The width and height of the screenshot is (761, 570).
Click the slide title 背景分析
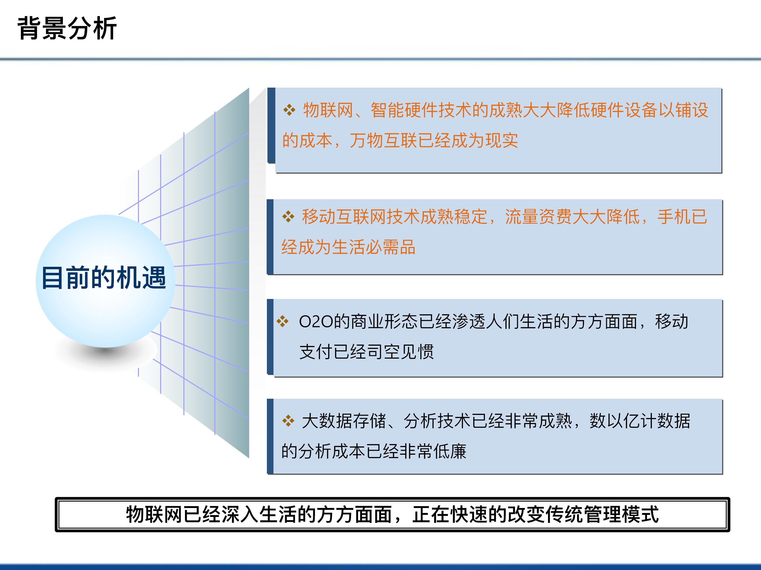67,28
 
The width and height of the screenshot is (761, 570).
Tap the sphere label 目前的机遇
104,278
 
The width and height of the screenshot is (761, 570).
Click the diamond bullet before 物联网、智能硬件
289,110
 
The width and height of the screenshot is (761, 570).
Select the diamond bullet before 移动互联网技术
288,216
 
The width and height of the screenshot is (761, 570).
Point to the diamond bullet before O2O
282,321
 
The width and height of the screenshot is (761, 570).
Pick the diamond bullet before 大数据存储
288,421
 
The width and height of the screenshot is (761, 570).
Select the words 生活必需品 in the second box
374,247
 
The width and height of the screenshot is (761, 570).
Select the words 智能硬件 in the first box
404,110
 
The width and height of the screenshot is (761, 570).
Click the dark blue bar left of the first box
271,125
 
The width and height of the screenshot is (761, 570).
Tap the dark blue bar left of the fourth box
270,436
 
